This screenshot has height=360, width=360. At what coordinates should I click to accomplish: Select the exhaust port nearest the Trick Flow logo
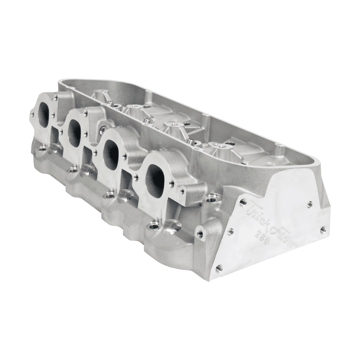(155, 180)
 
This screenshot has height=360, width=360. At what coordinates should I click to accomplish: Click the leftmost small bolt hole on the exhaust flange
(32, 114)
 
